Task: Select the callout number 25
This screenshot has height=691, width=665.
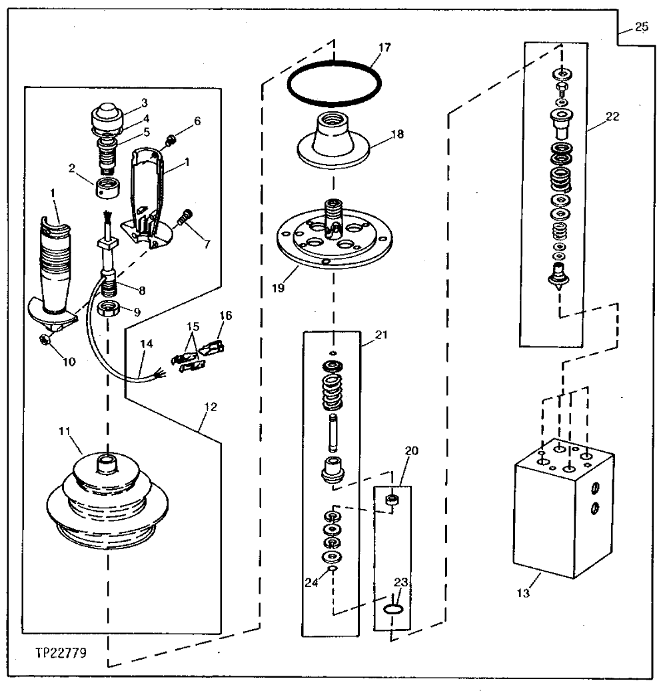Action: pyautogui.click(x=641, y=27)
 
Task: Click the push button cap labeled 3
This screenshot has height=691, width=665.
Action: pyautogui.click(x=106, y=116)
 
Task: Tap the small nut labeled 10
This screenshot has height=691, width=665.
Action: pyautogui.click(x=42, y=341)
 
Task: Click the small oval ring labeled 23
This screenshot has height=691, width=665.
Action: pyautogui.click(x=394, y=608)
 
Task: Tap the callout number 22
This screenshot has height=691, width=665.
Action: pyautogui.click(x=612, y=116)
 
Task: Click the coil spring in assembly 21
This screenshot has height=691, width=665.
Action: pyautogui.click(x=332, y=392)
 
